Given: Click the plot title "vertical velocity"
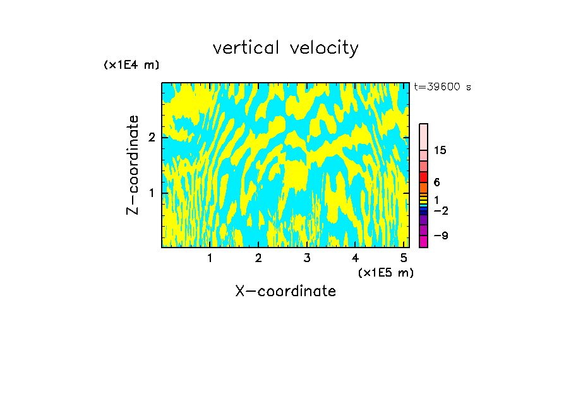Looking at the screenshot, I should (x=285, y=48).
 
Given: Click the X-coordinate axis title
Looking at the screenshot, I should (x=285, y=291).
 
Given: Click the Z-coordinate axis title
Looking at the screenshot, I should (x=133, y=165).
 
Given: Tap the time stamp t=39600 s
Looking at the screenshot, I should (x=442, y=87).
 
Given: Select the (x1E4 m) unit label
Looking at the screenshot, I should (x=131, y=65).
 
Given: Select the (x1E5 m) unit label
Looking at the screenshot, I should (x=385, y=272).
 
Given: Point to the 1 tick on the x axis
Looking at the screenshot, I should (x=210, y=258).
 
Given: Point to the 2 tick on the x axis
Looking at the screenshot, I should (x=258, y=258).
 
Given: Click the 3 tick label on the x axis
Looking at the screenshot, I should (x=307, y=258).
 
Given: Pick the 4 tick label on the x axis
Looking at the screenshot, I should (x=356, y=258).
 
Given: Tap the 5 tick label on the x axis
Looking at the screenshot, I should (x=404, y=258).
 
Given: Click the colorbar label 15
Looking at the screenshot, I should (x=440, y=150).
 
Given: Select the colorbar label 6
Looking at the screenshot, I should (x=437, y=183).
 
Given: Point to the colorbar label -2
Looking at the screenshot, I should (x=440, y=210).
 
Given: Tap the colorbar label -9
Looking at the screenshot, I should (x=440, y=236).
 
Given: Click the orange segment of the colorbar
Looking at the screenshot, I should (x=423, y=188).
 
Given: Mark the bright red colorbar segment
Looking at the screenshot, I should (x=423, y=177).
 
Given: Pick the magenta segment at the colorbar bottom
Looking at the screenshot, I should (x=423, y=241).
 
